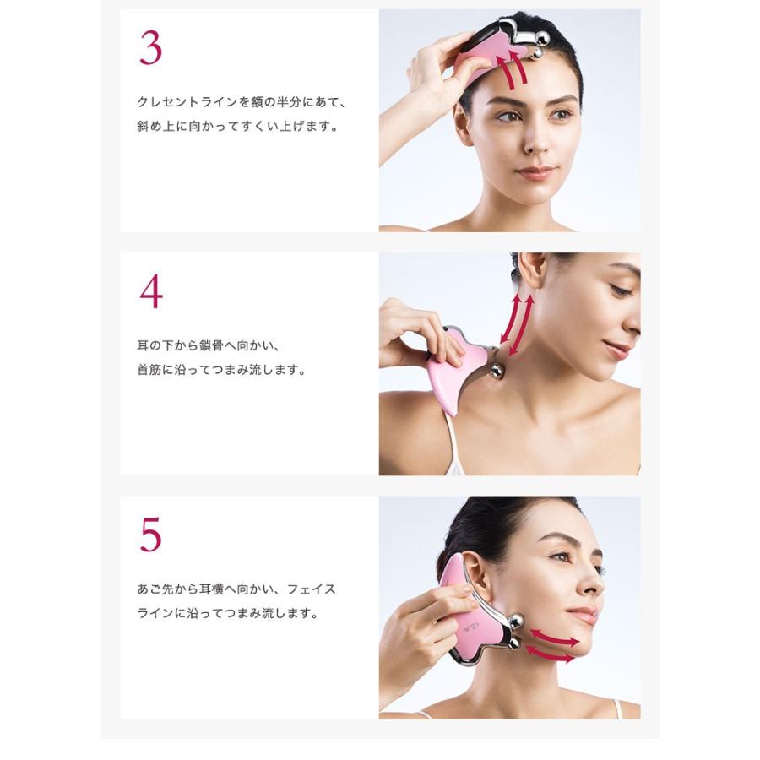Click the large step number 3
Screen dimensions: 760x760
pyautogui.click(x=151, y=48)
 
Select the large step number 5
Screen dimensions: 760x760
pyautogui.click(x=151, y=535)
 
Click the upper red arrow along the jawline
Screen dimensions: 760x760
pyautogui.click(x=555, y=638)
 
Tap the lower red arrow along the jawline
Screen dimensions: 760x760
pyautogui.click(x=550, y=654)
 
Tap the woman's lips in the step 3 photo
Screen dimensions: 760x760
pyautogui.click(x=535, y=172)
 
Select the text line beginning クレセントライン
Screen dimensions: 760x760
pyautogui.click(x=242, y=102)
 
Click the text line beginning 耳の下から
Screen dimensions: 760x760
pyautogui.click(x=209, y=345)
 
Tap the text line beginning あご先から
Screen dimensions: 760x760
pyautogui.click(x=236, y=589)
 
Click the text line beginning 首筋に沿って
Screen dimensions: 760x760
pyautogui.click(x=222, y=370)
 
